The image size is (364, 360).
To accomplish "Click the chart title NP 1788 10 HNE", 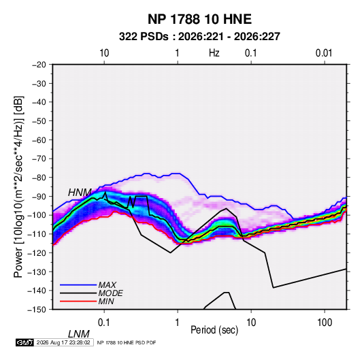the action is click(199, 19).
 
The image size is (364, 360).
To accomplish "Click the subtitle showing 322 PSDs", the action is click(199, 37).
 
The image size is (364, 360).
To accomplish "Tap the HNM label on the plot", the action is click(80, 193).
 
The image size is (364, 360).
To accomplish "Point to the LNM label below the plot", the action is click(79, 334).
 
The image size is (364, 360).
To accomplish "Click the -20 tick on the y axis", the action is click(39, 65).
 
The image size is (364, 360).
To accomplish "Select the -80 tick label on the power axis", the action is click(39, 178).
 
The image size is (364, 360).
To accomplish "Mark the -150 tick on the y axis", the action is click(37, 310).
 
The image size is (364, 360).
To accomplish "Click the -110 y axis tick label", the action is click(37, 234).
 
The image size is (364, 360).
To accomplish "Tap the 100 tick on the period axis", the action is click(325, 323).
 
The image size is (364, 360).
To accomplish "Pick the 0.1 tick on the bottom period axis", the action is click(104, 323).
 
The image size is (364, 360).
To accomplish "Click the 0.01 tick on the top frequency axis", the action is click(324, 53).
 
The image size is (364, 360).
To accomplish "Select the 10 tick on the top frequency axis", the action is click(104, 53).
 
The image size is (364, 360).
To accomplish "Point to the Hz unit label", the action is click(214, 53).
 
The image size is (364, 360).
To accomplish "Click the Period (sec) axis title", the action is click(214, 330).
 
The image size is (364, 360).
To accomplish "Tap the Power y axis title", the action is click(18, 186).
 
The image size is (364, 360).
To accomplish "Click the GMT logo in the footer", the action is click(24, 342).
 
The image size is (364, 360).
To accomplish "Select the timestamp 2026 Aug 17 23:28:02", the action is click(63, 342).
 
